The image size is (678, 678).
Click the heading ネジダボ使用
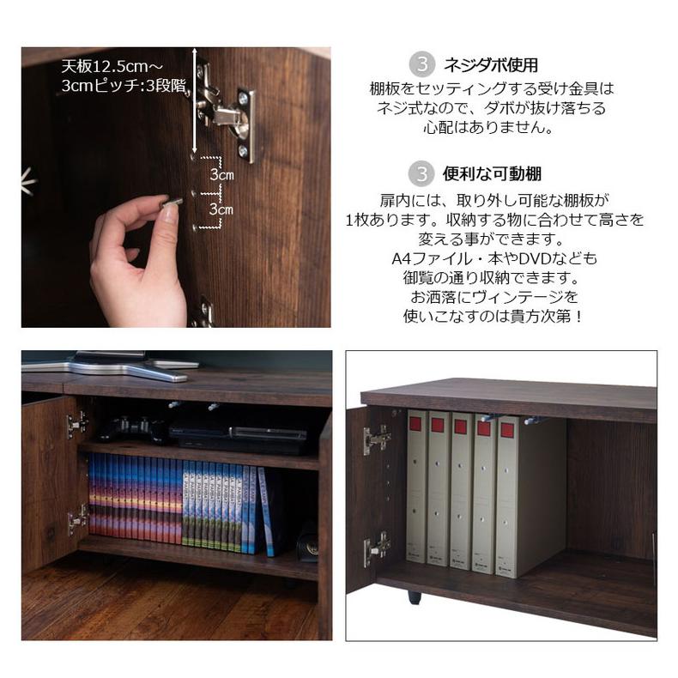pos(490,64)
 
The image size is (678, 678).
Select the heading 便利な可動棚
pos(492,174)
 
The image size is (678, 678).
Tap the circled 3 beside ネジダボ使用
pos(421,64)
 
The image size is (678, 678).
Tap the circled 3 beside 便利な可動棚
pos(421,174)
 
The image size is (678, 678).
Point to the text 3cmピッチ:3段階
pos(124,86)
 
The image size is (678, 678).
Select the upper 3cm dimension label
pos(221,174)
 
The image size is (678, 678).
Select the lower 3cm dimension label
pos(221,209)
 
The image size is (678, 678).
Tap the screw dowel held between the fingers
pos(173,203)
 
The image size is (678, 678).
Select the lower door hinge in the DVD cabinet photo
pos(78,518)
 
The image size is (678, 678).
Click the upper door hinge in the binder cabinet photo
pos(375,439)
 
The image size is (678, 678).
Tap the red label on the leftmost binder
pos(416,422)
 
